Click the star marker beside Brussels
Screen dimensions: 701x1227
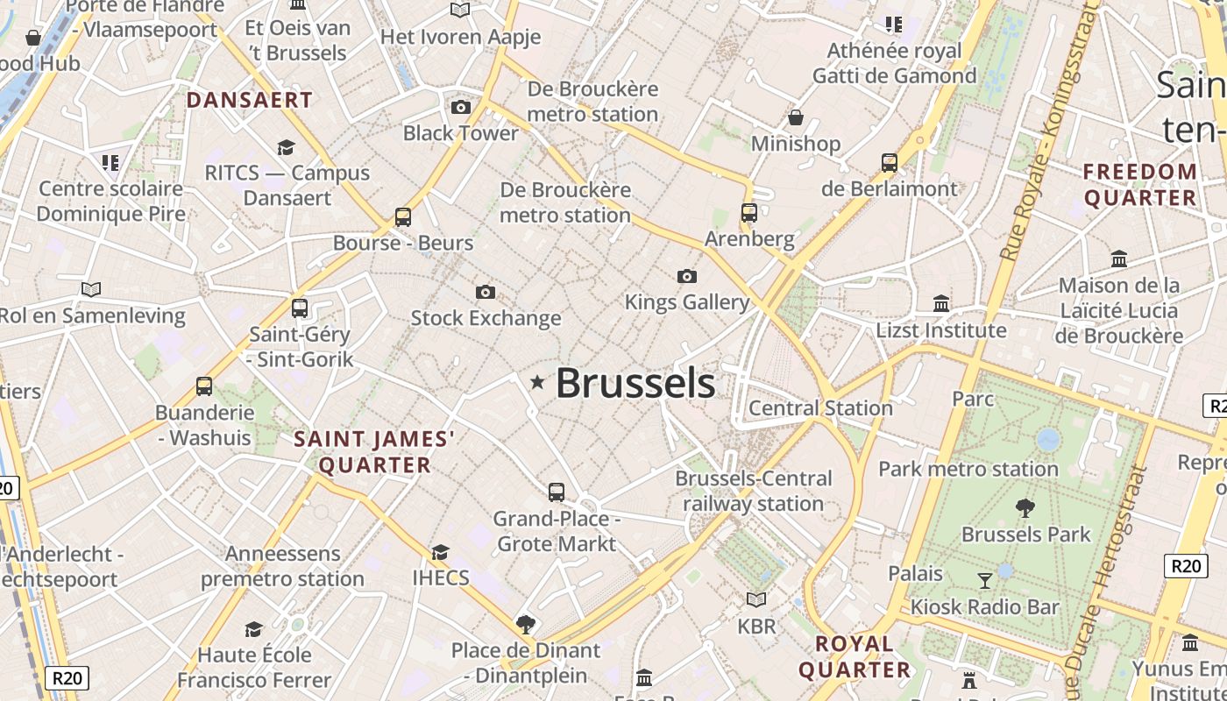tap(537, 382)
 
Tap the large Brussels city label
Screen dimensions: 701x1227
tap(635, 384)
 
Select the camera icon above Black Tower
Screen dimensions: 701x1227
tap(460, 108)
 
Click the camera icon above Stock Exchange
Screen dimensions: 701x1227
tap(485, 292)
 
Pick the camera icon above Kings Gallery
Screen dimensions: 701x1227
tap(687, 277)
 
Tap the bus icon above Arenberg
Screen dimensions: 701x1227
tap(748, 213)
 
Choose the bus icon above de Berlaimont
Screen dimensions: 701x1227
tap(890, 163)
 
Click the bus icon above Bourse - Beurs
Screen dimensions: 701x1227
tap(403, 217)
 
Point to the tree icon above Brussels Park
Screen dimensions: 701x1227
tap(1025, 507)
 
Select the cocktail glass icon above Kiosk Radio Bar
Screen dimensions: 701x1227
tap(985, 580)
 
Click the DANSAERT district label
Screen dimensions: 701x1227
tap(250, 100)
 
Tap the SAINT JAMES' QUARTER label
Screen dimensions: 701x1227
tap(375, 451)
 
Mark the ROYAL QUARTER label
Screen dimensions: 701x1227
tap(855, 656)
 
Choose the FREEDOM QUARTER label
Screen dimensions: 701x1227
tap(1140, 184)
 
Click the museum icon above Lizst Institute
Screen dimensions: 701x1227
tap(941, 303)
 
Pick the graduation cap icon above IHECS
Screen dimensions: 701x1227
tap(440, 552)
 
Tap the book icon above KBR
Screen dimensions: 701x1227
tap(755, 600)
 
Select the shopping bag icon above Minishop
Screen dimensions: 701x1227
tap(796, 117)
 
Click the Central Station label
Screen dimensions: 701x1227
tap(820, 407)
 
